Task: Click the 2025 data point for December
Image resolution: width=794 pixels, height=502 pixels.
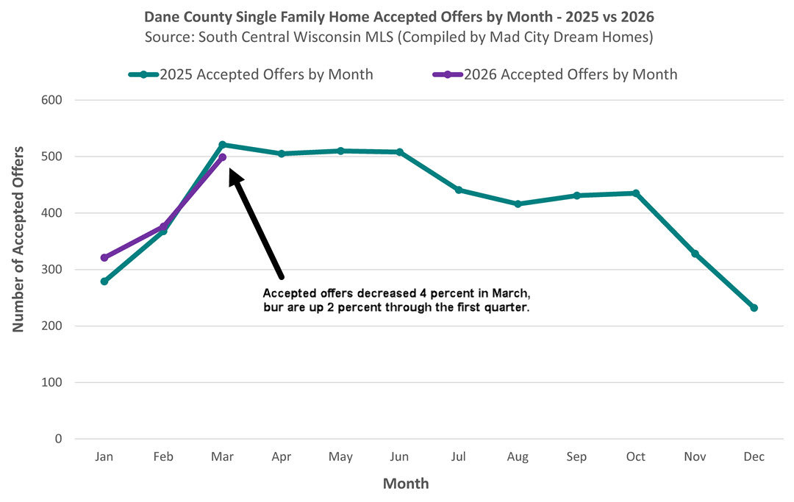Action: (x=754, y=308)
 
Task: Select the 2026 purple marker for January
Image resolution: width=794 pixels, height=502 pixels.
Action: (x=104, y=258)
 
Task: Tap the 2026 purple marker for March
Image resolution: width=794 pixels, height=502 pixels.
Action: (x=223, y=157)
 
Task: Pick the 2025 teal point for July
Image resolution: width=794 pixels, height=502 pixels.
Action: (x=459, y=190)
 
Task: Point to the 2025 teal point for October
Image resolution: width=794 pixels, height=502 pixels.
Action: (x=636, y=193)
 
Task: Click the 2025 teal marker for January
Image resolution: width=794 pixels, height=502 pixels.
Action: (x=104, y=282)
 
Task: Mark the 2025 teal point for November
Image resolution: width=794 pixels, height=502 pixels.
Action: (x=695, y=254)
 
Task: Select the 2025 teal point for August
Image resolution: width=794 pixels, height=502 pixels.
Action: (x=518, y=204)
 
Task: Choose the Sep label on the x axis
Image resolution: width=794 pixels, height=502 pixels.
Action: (x=576, y=456)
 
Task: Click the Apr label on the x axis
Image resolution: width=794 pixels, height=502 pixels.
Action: (x=282, y=456)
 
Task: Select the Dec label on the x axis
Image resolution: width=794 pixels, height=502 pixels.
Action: (x=754, y=456)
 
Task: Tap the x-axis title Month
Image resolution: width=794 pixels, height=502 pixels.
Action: (x=406, y=484)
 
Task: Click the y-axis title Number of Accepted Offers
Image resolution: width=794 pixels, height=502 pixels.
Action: (x=19, y=239)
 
